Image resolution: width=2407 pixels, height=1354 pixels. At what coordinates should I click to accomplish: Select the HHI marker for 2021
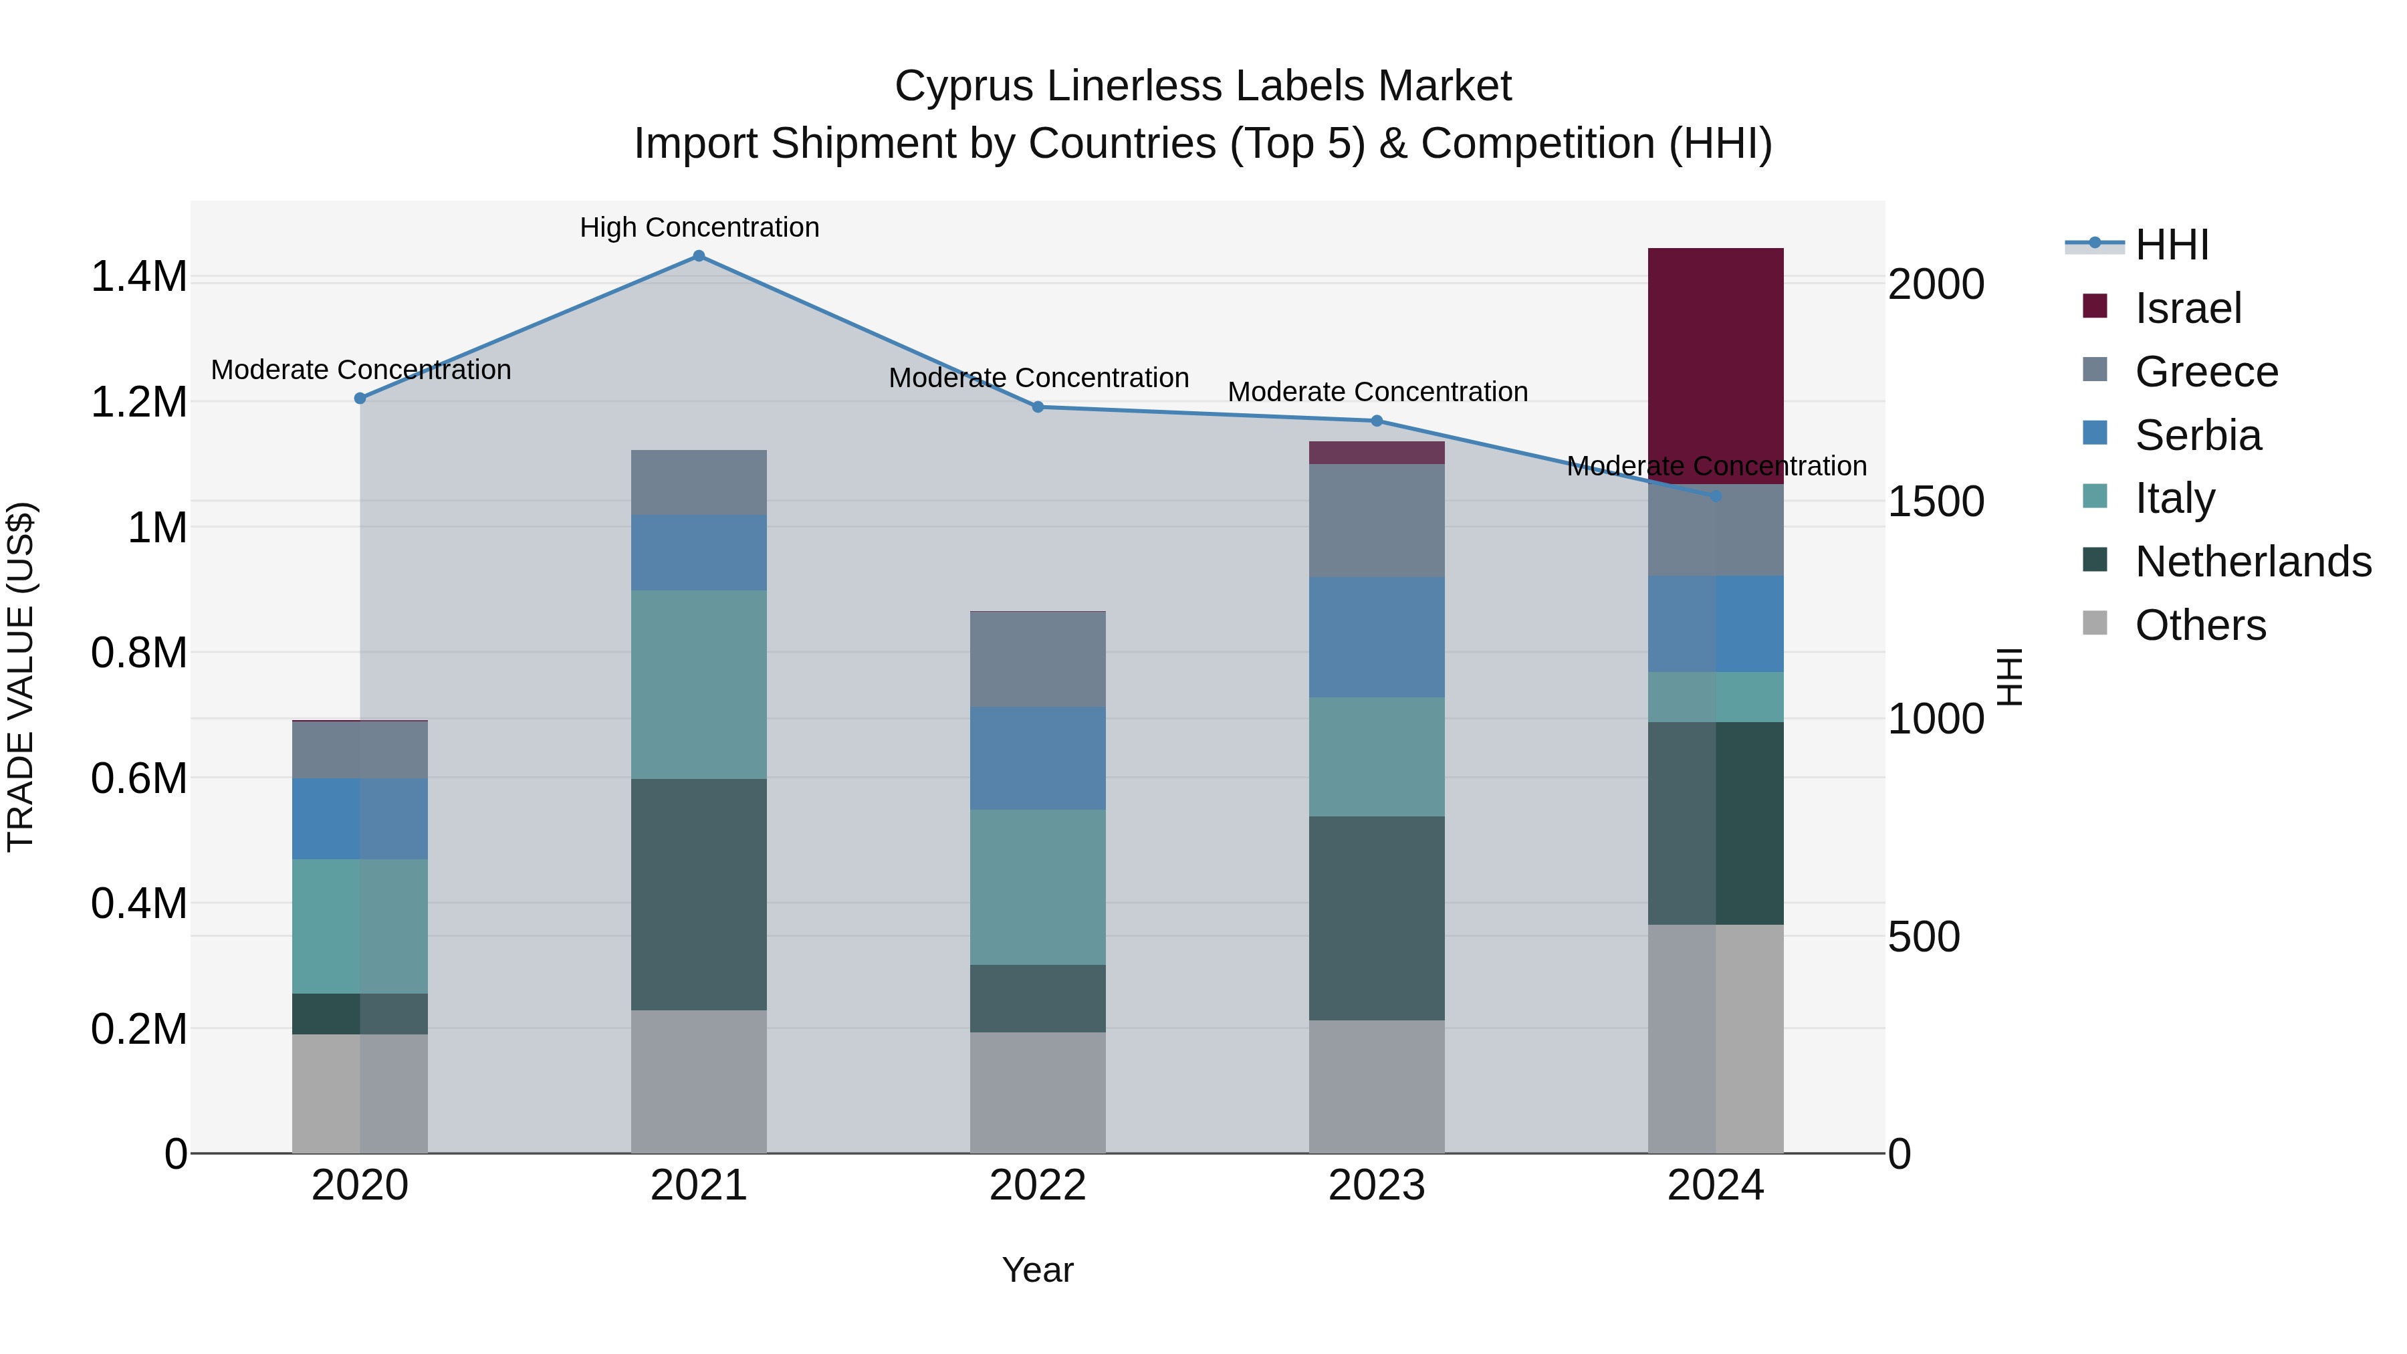click(698, 256)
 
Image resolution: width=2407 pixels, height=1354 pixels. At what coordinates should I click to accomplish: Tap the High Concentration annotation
click(699, 227)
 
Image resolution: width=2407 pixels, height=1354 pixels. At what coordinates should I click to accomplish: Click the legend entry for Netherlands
click(2252, 562)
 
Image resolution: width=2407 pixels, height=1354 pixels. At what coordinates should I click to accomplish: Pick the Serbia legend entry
click(2198, 435)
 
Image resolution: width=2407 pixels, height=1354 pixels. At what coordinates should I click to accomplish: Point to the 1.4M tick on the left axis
click(138, 277)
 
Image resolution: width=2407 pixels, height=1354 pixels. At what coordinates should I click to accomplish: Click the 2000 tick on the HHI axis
click(1935, 285)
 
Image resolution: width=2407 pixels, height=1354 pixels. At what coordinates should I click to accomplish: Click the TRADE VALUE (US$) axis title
click(21, 677)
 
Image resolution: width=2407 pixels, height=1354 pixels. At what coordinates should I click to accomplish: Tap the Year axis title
click(1037, 1270)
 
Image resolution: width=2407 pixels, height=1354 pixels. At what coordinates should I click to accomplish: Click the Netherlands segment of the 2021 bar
click(698, 894)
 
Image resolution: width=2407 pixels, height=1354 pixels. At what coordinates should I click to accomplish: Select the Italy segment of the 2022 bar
click(1037, 887)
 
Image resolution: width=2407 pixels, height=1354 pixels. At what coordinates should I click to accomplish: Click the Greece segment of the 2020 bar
click(360, 750)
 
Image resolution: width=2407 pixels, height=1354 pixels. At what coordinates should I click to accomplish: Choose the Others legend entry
click(2200, 625)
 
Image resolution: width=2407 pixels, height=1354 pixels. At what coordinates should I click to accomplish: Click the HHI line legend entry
click(2172, 245)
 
